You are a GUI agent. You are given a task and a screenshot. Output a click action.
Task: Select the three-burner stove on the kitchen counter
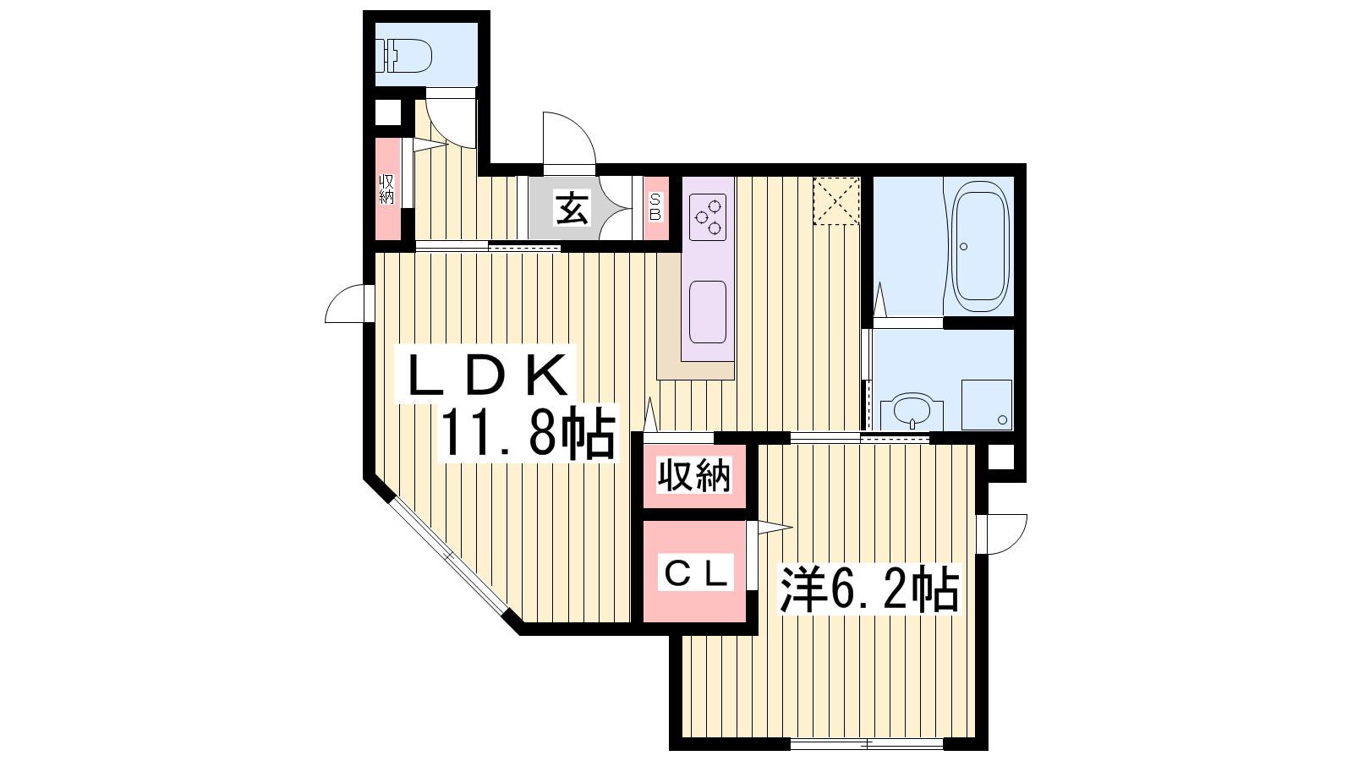click(x=708, y=216)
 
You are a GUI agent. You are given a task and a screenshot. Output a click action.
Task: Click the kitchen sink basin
click(x=708, y=312)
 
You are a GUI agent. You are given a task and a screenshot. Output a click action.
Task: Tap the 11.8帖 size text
click(x=528, y=432)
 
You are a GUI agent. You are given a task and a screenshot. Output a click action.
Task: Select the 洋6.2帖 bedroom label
click(x=868, y=589)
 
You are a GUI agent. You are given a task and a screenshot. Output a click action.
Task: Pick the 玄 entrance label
click(x=572, y=208)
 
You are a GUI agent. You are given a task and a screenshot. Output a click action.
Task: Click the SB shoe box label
click(x=656, y=206)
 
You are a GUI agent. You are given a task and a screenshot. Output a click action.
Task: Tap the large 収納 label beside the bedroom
click(x=694, y=474)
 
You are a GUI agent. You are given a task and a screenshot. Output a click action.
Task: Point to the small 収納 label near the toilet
click(x=386, y=189)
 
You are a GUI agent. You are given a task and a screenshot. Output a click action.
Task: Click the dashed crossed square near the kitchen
click(x=836, y=201)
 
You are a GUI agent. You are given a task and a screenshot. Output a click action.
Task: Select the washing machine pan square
click(x=987, y=405)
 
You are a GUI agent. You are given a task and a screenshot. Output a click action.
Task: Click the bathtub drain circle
click(x=963, y=246)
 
